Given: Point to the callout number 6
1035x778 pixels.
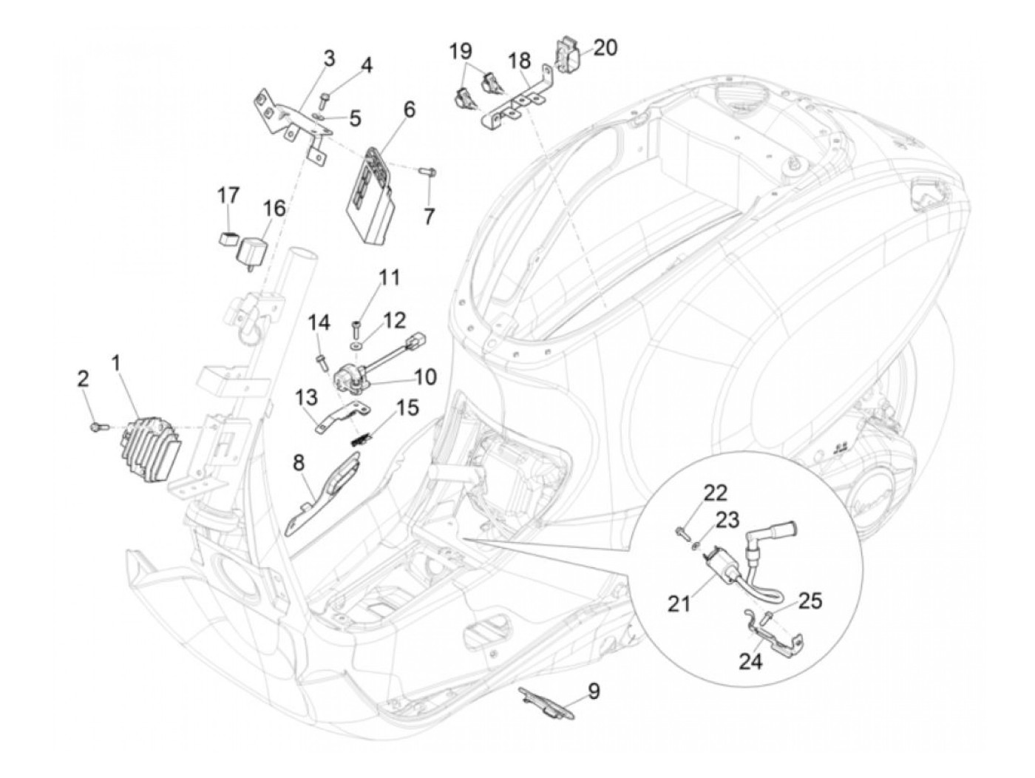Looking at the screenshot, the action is [x=410, y=110].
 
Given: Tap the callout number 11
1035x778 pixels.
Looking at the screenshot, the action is [x=389, y=278].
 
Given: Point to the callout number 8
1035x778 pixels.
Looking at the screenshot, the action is [x=299, y=464].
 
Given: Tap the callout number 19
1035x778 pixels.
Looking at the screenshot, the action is [x=461, y=50].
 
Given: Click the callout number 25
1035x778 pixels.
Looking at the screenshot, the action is [x=810, y=601].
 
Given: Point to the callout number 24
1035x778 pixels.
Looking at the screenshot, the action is [x=750, y=662].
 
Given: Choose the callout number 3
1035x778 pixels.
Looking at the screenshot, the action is [x=329, y=58].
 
